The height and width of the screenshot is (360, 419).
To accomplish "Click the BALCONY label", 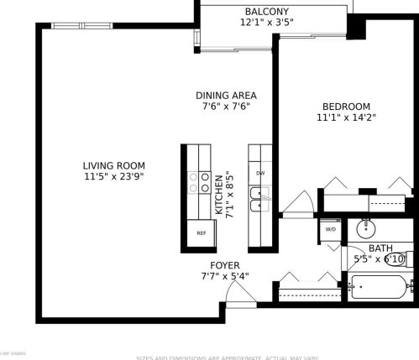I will tap(268, 11).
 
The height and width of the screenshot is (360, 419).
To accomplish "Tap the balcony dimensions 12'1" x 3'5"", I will tap(268, 23).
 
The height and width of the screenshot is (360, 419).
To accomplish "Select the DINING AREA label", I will tap(226, 95).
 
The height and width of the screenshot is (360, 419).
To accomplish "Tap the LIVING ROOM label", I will tap(114, 165).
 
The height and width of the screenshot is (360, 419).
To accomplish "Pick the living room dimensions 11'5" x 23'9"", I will tap(114, 177).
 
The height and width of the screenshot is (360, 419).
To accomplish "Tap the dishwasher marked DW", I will tap(260, 174).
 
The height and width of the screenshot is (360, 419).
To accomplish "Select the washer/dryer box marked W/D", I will tap(331, 228).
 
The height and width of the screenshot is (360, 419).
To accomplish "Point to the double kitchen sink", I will tap(260, 200).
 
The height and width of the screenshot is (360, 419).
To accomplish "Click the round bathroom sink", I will tap(366, 227).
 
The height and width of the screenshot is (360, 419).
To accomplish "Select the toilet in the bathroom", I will tap(410, 259).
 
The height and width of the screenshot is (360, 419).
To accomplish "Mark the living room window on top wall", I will tap(81, 25).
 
